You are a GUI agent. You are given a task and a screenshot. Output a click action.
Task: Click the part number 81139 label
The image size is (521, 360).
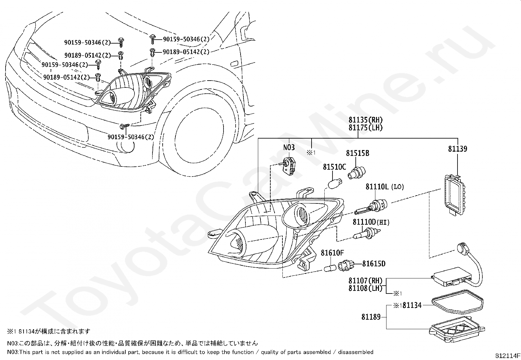[458, 149]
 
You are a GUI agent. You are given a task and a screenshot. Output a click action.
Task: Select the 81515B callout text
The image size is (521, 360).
[357, 153]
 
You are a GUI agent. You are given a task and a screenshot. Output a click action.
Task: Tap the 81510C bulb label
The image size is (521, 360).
[334, 167]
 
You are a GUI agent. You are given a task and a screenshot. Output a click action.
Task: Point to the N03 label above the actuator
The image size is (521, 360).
[289, 147]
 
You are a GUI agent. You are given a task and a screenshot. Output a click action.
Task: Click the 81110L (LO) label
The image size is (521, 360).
[385, 187]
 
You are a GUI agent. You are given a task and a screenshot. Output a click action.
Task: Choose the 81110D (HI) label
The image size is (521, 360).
[371, 222]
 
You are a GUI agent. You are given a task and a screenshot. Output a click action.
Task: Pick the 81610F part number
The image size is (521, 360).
[332, 253]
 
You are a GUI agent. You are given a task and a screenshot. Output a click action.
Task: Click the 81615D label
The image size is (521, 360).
[374, 264]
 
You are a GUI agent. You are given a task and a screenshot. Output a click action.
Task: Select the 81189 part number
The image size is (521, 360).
[371, 317]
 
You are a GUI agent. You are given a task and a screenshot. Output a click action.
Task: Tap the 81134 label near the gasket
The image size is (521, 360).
[412, 305]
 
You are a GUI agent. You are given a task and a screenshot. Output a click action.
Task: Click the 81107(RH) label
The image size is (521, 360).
[366, 281]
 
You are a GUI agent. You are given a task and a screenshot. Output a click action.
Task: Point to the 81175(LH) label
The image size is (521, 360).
[366, 128]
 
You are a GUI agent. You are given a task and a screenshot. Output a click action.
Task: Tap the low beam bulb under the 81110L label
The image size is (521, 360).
[371, 207]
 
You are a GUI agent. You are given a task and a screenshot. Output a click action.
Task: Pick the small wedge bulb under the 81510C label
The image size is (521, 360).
[335, 183]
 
